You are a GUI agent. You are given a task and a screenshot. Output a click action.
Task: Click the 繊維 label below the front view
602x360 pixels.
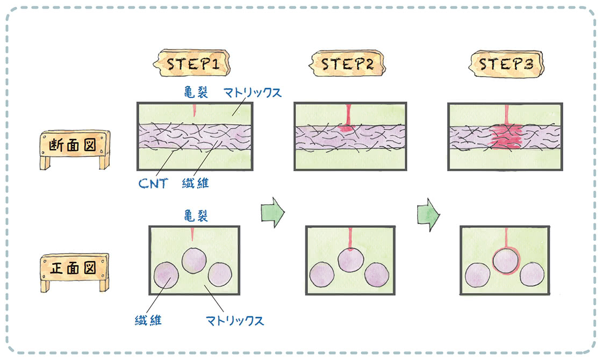[x=148, y=321]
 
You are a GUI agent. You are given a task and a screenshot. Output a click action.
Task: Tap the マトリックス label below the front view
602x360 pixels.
[x=235, y=321]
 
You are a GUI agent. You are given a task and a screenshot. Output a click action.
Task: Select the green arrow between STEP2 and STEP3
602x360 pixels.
[x=428, y=213]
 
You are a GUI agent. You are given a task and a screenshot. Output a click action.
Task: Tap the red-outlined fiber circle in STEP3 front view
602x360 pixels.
[x=505, y=261]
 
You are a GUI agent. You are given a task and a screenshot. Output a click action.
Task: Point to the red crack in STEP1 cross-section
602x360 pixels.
[x=194, y=111]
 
